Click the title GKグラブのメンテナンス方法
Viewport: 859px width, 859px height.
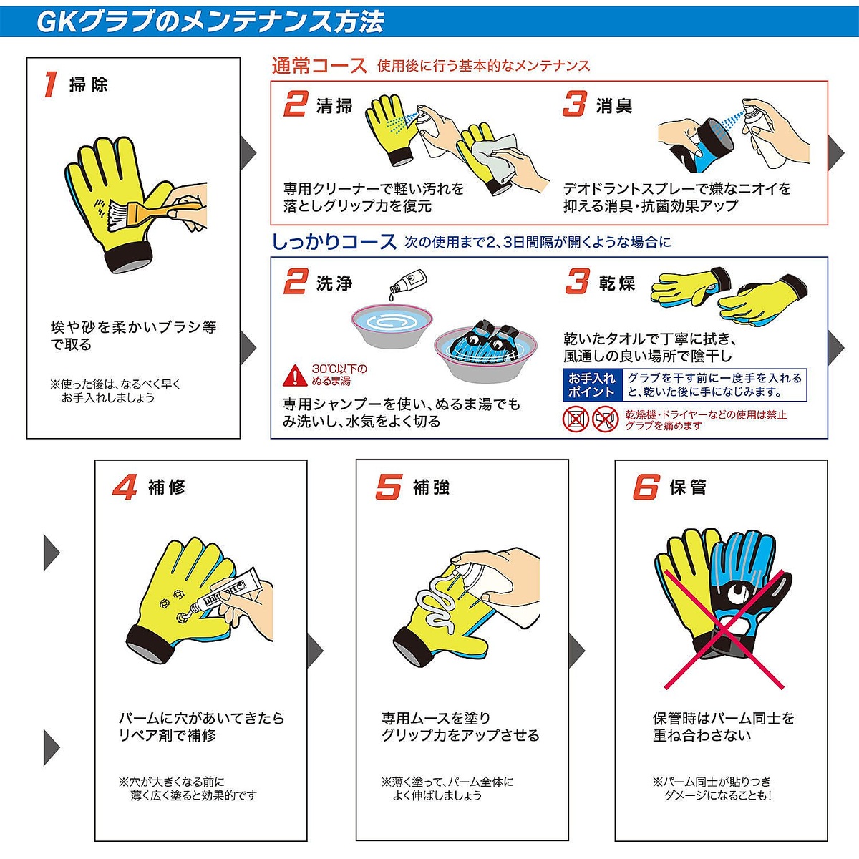pyautogui.click(x=210, y=21)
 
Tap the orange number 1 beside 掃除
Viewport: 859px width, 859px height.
pyautogui.click(x=49, y=84)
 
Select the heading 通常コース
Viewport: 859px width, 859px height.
pyautogui.click(x=319, y=66)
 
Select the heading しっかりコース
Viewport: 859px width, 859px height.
pyautogui.click(x=334, y=242)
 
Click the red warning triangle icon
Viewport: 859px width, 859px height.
pyautogui.click(x=294, y=374)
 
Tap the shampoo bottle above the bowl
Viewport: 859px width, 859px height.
pyautogui.click(x=410, y=282)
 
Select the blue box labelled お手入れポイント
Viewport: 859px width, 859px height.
pyautogui.click(x=591, y=385)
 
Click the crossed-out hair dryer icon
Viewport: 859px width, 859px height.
pyautogui.click(x=606, y=419)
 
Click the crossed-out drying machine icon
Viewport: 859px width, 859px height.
pyautogui.click(x=576, y=419)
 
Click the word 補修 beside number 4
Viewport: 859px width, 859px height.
pyautogui.click(x=167, y=487)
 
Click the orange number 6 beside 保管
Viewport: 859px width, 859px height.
pyautogui.click(x=645, y=487)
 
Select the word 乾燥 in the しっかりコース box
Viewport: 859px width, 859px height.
pyautogui.click(x=617, y=283)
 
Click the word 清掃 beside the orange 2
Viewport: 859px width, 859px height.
pyautogui.click(x=334, y=106)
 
